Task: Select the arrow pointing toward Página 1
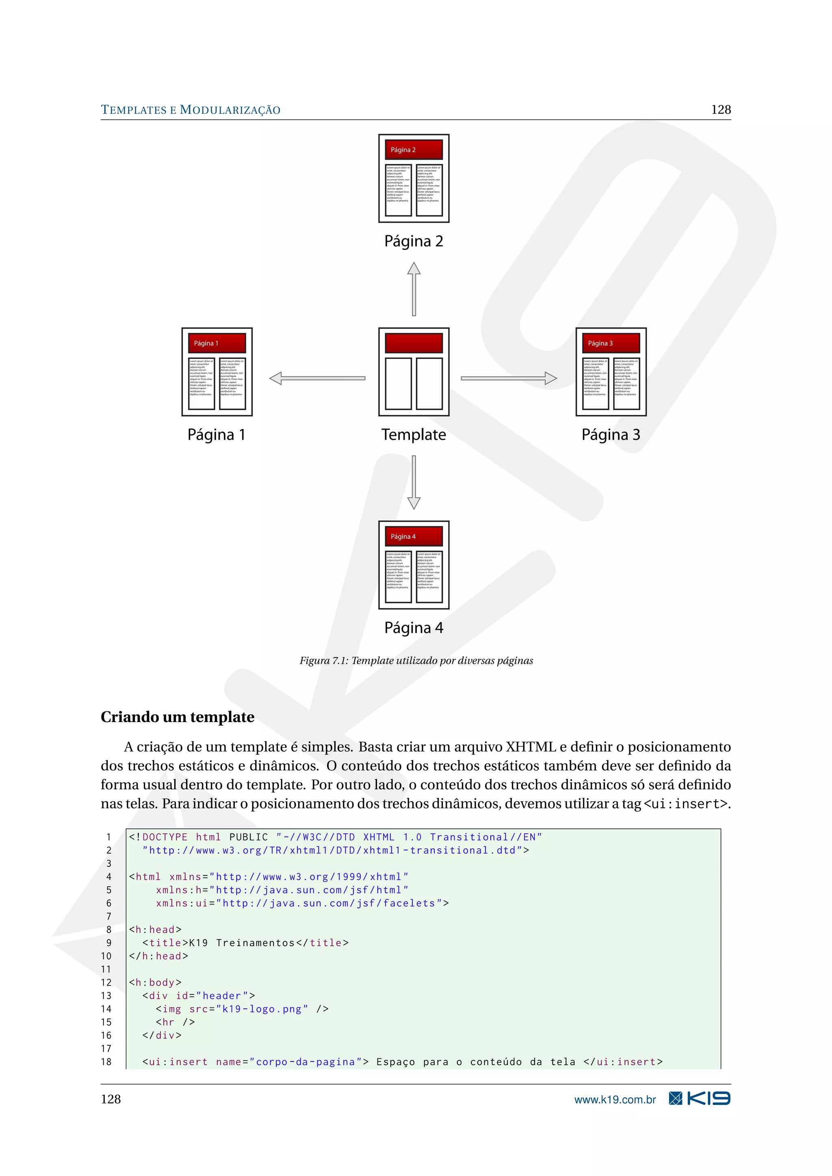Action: [x=317, y=378]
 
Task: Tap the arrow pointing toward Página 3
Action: [x=509, y=378]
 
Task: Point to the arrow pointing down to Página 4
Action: [x=414, y=482]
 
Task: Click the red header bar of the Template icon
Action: [x=414, y=343]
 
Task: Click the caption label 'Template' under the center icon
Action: [x=414, y=435]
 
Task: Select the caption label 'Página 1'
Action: [x=216, y=435]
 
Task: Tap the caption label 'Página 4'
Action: [x=414, y=628]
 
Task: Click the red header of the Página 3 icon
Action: [x=611, y=343]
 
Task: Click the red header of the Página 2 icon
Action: [x=414, y=149]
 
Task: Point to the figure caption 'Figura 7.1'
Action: [x=416, y=661]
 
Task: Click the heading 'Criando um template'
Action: [x=177, y=717]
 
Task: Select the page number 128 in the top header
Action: [x=721, y=110]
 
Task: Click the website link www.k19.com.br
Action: [x=615, y=1100]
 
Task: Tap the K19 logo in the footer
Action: [x=700, y=1099]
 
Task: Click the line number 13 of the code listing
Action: [x=106, y=996]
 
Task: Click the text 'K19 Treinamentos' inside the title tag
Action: [x=242, y=943]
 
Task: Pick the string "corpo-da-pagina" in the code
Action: [x=305, y=1062]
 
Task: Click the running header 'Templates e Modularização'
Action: [x=191, y=110]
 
